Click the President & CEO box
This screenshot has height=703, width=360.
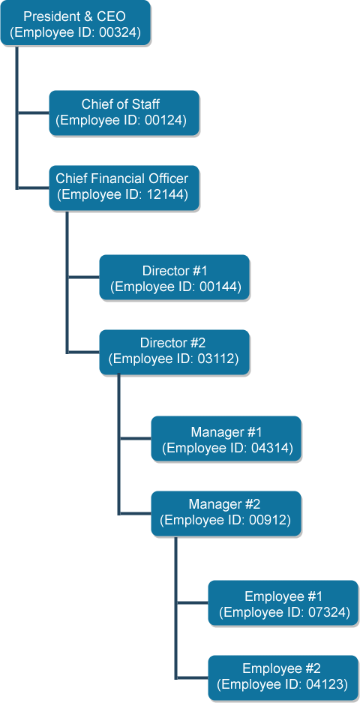tap(75, 24)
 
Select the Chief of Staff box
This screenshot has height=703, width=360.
tap(124, 113)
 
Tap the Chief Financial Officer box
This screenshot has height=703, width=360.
tap(124, 187)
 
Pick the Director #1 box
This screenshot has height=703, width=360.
tap(174, 278)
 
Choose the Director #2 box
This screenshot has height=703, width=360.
tap(174, 351)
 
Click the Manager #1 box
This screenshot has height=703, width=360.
tap(226, 440)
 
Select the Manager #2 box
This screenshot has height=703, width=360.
tap(226, 513)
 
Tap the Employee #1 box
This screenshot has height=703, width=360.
tap(283, 603)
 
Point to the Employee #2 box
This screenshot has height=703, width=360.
tap(283, 677)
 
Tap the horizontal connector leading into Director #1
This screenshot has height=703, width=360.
tap(83, 278)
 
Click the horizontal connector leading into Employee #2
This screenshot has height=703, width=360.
tap(192, 677)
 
